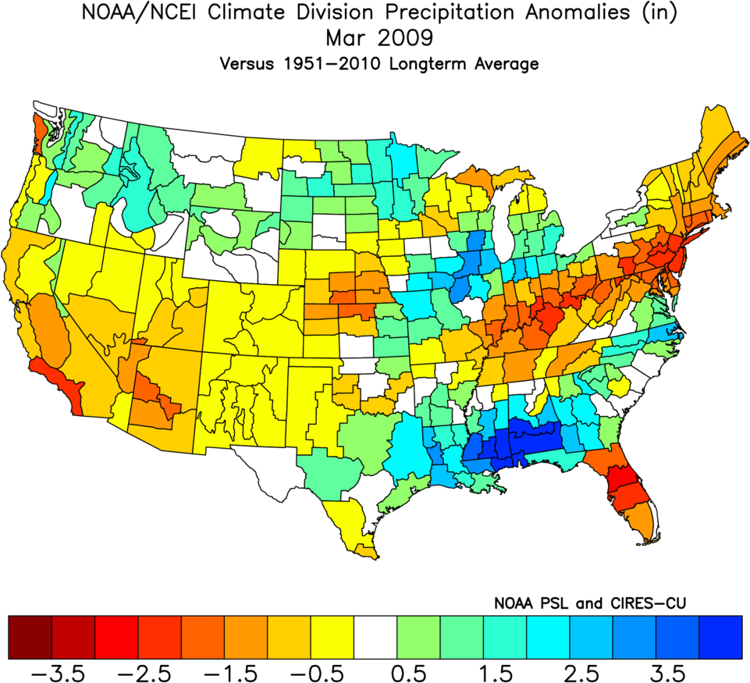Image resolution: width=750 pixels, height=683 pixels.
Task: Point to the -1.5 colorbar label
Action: (246, 670)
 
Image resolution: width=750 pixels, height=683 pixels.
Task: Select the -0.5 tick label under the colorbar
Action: (332, 670)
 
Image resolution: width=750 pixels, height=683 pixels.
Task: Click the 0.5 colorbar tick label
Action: (418, 670)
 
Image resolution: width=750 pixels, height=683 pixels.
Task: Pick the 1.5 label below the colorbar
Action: (504, 670)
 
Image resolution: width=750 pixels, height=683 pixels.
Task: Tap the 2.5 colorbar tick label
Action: (591, 670)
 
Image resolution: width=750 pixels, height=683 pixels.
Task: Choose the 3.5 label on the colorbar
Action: (677, 670)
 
